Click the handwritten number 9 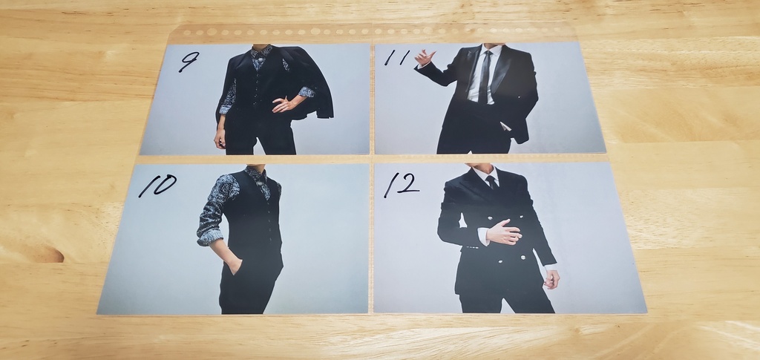click(189, 61)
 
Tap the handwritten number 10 click(157, 186)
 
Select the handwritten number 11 click(398, 57)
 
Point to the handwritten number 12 click(402, 185)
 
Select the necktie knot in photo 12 click(491, 180)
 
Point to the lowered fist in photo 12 click(550, 278)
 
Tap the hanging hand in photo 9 click(220, 139)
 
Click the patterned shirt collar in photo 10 click(258, 177)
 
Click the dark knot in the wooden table click(46, 255)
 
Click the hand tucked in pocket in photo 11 click(505, 126)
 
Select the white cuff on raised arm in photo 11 click(421, 67)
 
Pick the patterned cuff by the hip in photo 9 click(305, 92)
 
